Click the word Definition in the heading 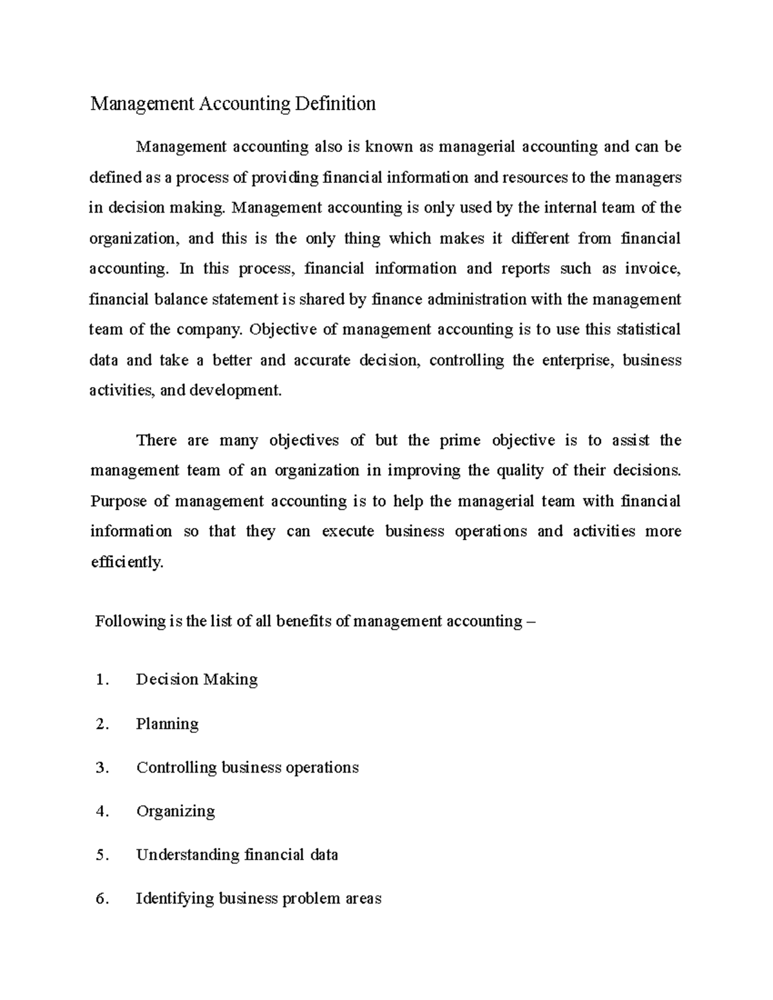(335, 104)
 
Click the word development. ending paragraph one (235, 390)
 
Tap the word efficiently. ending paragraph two (127, 562)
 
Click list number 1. (101, 680)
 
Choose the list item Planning (167, 724)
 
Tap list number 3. (101, 768)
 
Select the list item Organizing (175, 811)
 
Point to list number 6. (101, 899)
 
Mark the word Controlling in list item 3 (176, 768)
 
